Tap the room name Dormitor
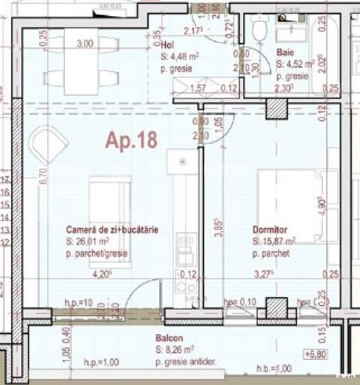point(270,231)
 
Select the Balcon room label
point(168,338)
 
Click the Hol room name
point(168,46)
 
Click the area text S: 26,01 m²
point(88,241)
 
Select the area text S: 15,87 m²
point(275,241)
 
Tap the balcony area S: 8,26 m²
point(177,349)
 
